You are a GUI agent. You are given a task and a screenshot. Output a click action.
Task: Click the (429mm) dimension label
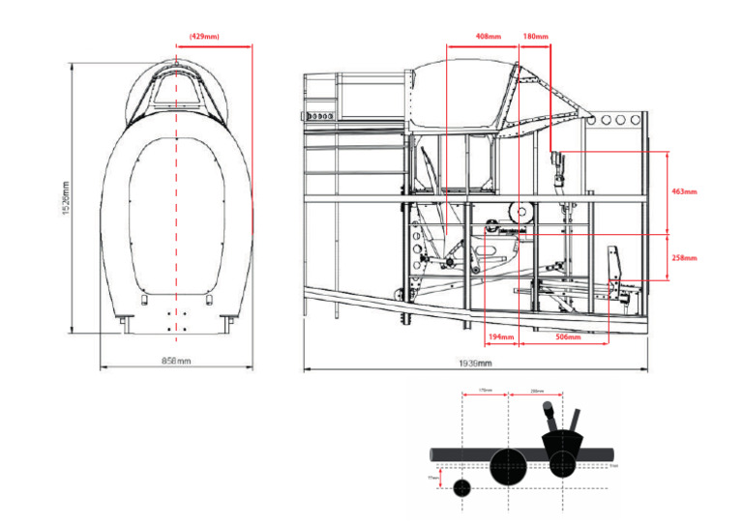[x=204, y=37]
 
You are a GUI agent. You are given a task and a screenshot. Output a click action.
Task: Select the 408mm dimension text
[x=488, y=37]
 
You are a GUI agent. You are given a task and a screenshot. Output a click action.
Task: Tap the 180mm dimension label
[x=535, y=37]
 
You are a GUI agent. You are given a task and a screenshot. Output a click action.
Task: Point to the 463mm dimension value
[x=684, y=191]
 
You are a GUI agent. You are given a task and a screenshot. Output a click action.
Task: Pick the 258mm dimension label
[x=684, y=258]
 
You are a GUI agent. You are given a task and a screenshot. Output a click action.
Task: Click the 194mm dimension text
[x=501, y=337]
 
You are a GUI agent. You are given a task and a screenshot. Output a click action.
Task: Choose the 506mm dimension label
[x=568, y=337]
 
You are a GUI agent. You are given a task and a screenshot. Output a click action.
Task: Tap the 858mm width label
[x=177, y=362]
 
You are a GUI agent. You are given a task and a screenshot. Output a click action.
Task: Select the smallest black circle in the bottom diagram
[x=462, y=488]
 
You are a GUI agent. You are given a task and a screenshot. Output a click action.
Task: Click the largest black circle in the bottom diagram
[x=509, y=467]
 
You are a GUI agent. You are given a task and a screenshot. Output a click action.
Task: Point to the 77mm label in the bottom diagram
[x=432, y=477]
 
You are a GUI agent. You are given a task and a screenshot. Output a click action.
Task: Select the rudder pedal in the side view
[x=614, y=264]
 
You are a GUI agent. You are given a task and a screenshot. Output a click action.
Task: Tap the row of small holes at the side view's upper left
[x=319, y=115]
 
